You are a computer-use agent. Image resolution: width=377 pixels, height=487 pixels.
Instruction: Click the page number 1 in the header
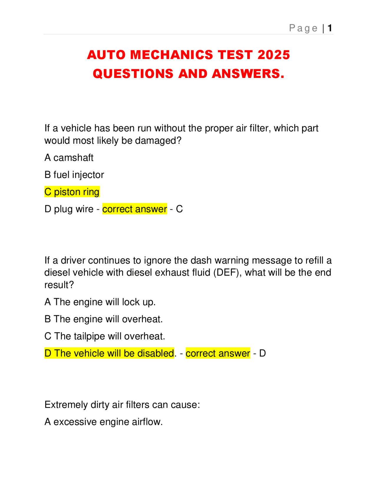coord(330,28)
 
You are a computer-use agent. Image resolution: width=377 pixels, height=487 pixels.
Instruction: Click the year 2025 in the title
coord(274,55)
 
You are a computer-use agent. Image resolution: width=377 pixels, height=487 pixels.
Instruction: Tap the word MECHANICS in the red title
coord(171,55)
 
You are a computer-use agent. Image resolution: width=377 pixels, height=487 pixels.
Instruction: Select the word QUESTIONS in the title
coord(133,74)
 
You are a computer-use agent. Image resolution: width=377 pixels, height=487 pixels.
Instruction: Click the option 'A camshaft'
coord(69,158)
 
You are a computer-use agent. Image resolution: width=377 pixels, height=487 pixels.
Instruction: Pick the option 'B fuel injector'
coord(74,175)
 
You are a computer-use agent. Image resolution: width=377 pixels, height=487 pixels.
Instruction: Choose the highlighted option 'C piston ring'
coord(72,192)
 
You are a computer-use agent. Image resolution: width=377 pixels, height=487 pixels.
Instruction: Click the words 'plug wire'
coord(74,209)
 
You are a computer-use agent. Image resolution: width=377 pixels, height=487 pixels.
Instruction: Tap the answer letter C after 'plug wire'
coord(179,209)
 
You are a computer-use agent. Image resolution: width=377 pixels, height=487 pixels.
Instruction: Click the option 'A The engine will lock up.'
coord(100,302)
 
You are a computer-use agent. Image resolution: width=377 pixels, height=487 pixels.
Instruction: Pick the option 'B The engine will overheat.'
coord(103,319)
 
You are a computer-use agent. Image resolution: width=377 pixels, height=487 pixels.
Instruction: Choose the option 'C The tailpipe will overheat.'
coord(105,336)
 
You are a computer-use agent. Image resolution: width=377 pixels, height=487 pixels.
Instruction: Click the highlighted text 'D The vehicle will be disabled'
coord(109,353)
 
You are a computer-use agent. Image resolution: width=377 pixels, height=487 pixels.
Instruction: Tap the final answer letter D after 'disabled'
coord(262,353)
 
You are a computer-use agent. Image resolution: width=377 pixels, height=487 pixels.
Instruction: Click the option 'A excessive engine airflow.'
coord(103,422)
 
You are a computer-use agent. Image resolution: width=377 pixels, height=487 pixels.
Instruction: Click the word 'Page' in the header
coord(303,28)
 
